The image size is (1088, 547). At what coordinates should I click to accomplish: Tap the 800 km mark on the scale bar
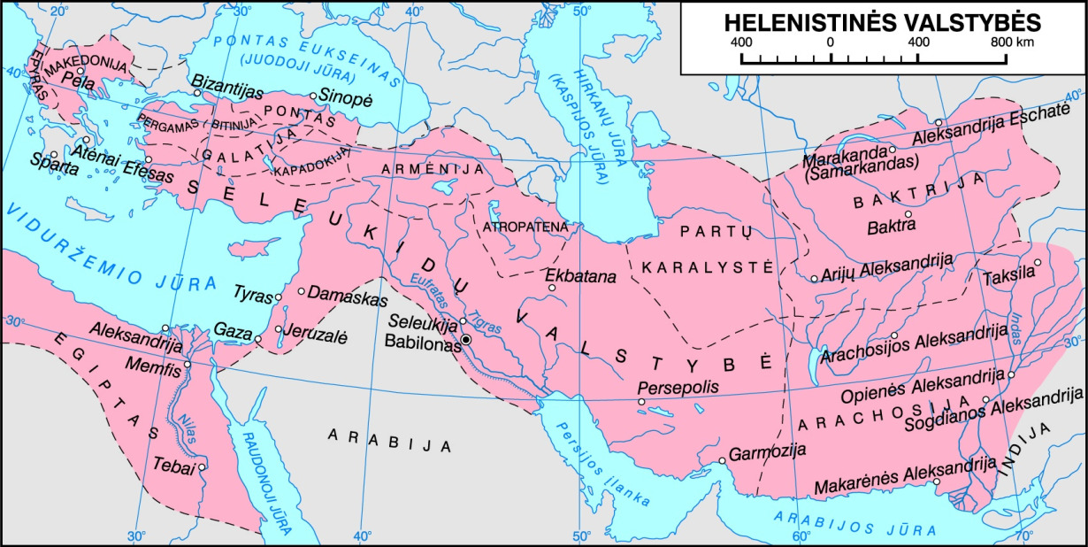tap(1006, 42)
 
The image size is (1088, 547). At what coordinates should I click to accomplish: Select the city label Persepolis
tap(674, 388)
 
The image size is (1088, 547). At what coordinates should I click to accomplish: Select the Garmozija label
tap(769, 450)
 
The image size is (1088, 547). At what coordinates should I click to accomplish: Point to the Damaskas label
tap(338, 291)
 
